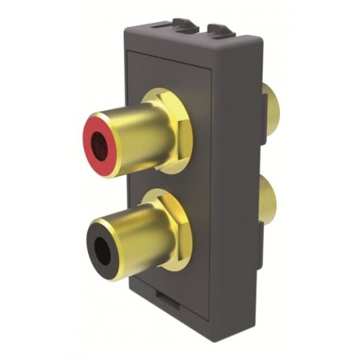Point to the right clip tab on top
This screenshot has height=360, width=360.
219,31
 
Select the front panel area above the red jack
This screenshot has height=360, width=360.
157,75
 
